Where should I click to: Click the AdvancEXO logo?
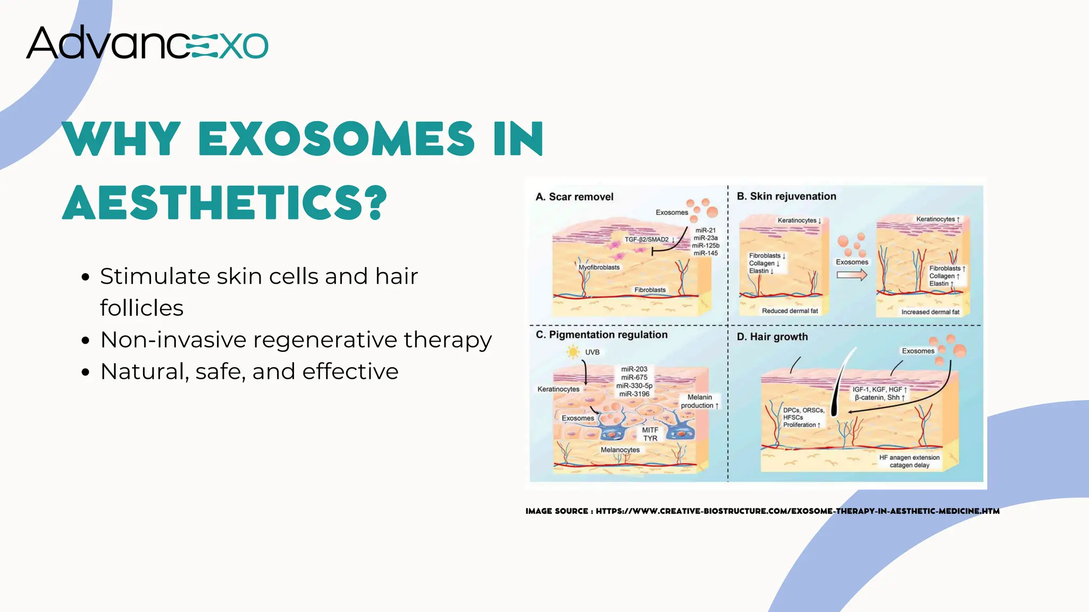coord(147,42)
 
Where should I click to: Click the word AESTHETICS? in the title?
coord(225,202)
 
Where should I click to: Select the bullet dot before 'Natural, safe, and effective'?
coord(86,372)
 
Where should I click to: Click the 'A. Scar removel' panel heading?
coord(574,197)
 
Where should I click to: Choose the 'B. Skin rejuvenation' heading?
coord(786,197)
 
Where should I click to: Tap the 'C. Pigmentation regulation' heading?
coord(601,335)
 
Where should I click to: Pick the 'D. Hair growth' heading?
coord(772,337)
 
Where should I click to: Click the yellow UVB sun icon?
coord(573,352)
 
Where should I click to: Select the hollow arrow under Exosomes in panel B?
coord(852,275)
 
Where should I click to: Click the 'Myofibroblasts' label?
coord(599,267)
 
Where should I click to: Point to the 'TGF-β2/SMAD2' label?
coord(647,240)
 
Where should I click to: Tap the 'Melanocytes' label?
coord(620,450)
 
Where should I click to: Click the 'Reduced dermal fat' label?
coord(790,311)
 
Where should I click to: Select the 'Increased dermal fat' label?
coord(930,312)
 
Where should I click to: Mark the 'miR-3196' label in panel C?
coord(634,394)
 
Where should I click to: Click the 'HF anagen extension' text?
coord(909,457)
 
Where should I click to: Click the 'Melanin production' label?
coord(699,401)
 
